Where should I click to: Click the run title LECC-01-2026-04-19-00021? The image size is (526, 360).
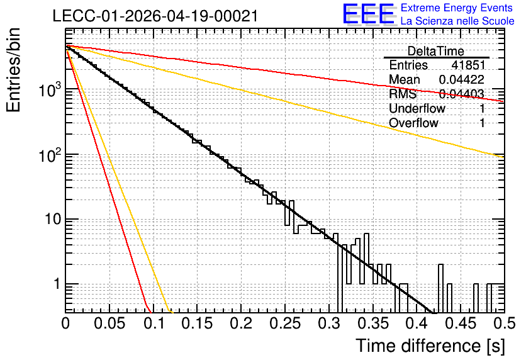pyautogui.click(x=155, y=16)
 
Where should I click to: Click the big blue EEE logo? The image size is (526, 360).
pyautogui.click(x=369, y=14)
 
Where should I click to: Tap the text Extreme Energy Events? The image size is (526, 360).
pyautogui.click(x=457, y=8)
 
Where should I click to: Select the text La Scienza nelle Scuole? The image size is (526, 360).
pyautogui.click(x=457, y=21)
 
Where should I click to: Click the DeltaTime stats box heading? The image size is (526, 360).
pyautogui.click(x=436, y=51)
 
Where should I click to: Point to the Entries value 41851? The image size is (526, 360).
pyautogui.click(x=468, y=65)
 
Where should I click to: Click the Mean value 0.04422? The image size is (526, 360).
pyautogui.click(x=462, y=79)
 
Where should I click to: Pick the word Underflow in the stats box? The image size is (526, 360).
pyautogui.click(x=417, y=108)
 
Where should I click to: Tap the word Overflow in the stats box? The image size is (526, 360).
pyautogui.click(x=413, y=123)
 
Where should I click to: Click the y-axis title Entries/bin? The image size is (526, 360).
pyautogui.click(x=13, y=70)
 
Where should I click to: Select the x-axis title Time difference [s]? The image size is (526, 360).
pyautogui.click(x=430, y=346)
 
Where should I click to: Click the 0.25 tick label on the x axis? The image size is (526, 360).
pyautogui.click(x=285, y=323)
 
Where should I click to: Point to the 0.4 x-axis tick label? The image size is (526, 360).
pyautogui.click(x=417, y=323)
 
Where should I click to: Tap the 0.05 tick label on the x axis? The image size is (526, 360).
pyautogui.click(x=109, y=323)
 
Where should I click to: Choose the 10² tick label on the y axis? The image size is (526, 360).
pyautogui.click(x=50, y=155)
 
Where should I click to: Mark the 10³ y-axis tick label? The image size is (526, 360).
pyautogui.click(x=50, y=89)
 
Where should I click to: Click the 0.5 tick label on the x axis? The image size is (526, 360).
pyautogui.click(x=504, y=323)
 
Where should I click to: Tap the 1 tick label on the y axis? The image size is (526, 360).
pyautogui.click(x=57, y=284)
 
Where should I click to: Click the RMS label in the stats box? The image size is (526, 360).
pyautogui.click(x=403, y=94)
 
